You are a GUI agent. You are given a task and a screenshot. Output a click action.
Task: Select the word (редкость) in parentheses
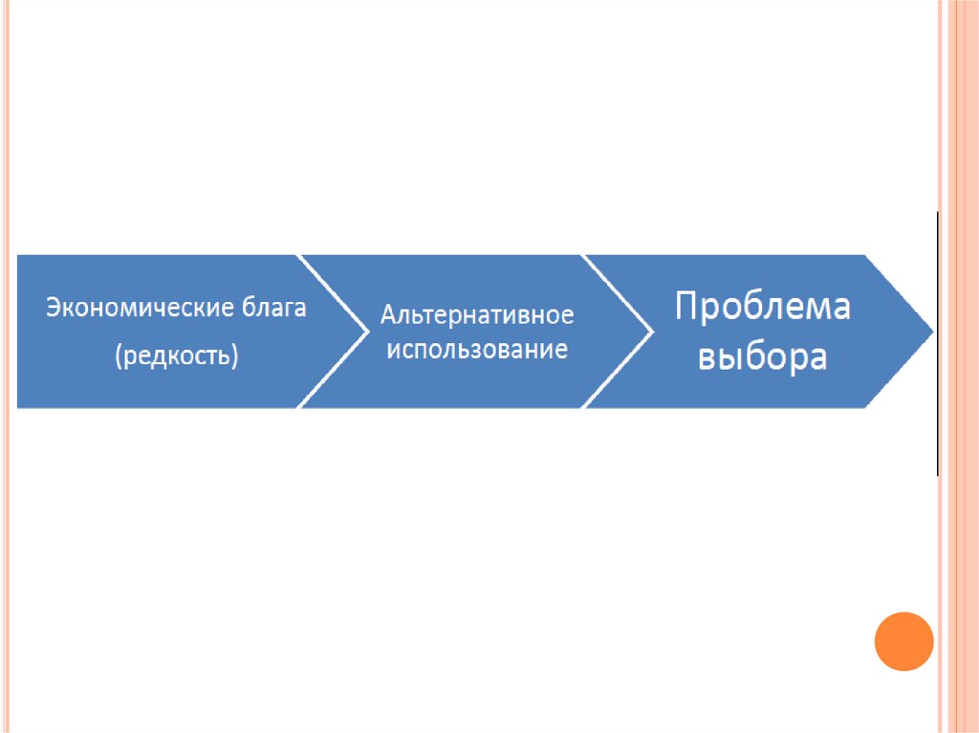click(x=176, y=356)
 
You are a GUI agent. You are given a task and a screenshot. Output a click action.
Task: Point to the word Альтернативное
click(x=477, y=315)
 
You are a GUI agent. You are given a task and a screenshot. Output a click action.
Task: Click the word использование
click(x=476, y=349)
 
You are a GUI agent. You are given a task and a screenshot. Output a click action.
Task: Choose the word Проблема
click(x=762, y=308)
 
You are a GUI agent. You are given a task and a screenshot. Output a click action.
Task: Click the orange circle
click(x=903, y=641)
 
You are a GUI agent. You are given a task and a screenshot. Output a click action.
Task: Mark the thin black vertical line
click(x=938, y=344)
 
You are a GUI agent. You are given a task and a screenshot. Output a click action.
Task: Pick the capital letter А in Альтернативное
click(x=387, y=315)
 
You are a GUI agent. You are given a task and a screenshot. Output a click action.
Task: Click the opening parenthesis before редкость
click(x=119, y=356)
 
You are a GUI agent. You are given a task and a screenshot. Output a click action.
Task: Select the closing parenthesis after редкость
click(x=233, y=356)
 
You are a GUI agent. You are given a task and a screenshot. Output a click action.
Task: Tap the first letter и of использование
click(x=389, y=350)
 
